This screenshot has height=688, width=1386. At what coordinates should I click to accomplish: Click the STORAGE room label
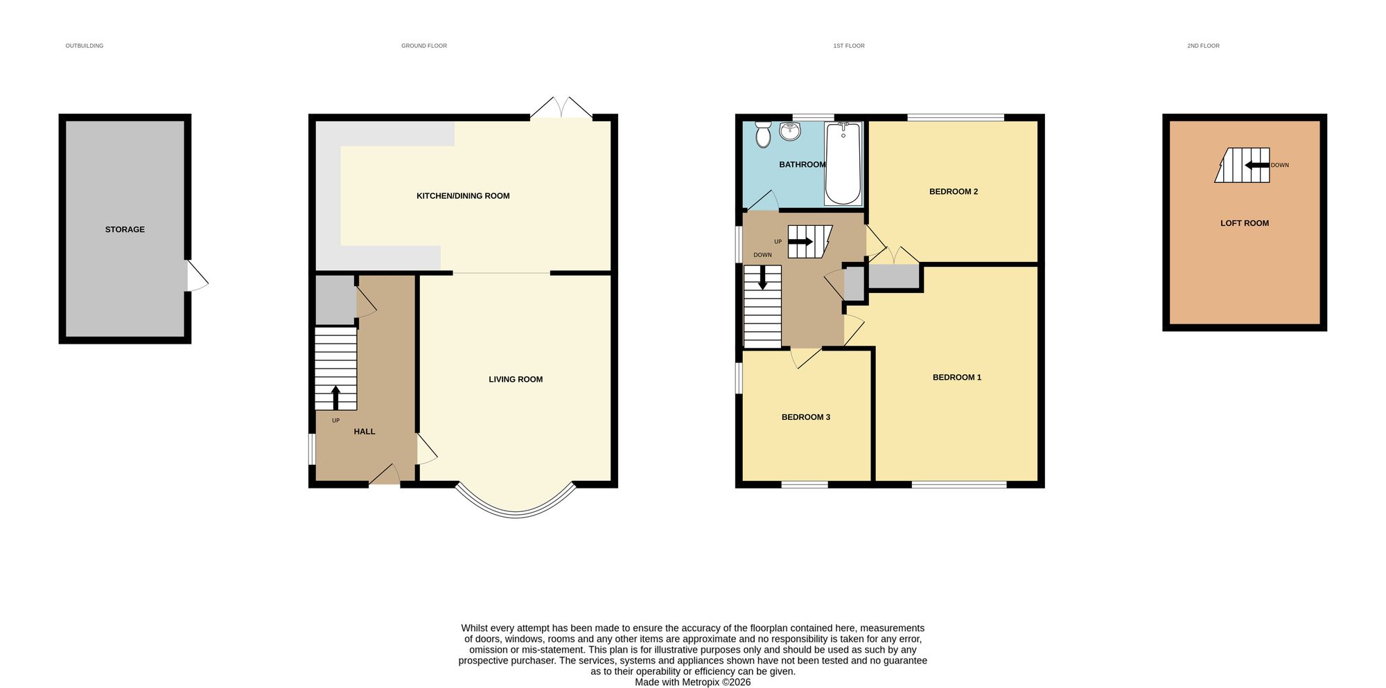[x=125, y=229]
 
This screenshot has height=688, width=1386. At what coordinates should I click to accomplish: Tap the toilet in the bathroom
[x=763, y=134]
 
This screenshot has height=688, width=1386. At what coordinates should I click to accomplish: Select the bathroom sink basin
[x=789, y=131]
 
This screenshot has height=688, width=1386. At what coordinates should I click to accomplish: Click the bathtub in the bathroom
[x=843, y=164]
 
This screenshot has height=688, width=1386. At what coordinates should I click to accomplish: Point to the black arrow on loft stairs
[x=1257, y=165]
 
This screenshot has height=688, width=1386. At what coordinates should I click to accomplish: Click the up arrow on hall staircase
[x=336, y=398]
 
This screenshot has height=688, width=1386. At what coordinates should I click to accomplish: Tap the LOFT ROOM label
[x=1244, y=223]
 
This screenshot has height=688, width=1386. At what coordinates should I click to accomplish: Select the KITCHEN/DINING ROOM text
[x=463, y=196]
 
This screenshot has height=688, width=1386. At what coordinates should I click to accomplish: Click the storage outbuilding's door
[x=197, y=276]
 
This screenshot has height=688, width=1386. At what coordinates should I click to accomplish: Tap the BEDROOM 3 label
[x=805, y=417]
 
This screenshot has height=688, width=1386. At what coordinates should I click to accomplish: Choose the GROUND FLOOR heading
[x=424, y=46]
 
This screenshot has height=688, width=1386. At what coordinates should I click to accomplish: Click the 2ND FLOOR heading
[x=1203, y=46]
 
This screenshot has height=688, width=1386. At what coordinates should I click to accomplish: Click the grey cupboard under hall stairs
[x=335, y=300]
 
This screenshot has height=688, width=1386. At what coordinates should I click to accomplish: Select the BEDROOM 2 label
[x=953, y=192]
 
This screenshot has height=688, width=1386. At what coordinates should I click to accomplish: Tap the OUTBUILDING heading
[x=85, y=46]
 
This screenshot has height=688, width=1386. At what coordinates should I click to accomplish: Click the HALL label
[x=364, y=432]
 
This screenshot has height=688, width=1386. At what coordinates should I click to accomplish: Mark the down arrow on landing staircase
[x=762, y=279]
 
